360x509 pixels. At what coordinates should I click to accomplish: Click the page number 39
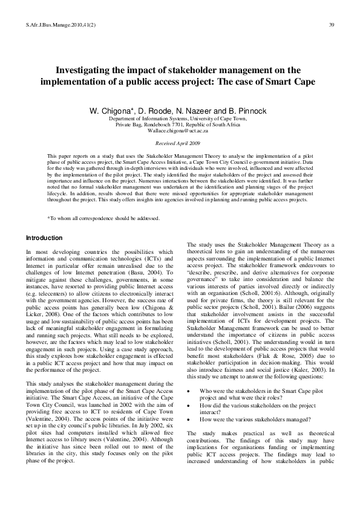(x=332, y=25)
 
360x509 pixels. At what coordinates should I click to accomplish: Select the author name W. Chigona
(x=111, y=112)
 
